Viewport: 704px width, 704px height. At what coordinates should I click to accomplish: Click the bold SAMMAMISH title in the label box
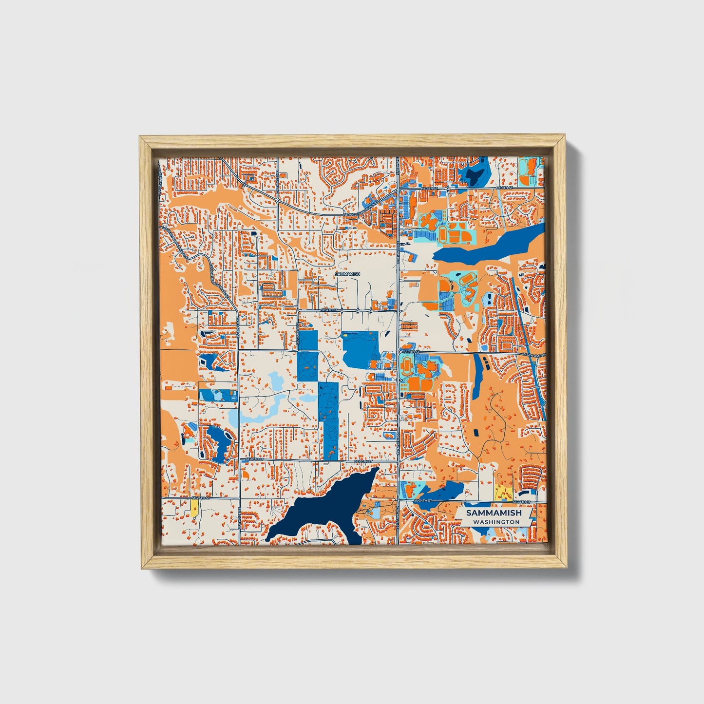coord(494,513)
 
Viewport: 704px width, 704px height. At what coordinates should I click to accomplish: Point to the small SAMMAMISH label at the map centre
coord(348,274)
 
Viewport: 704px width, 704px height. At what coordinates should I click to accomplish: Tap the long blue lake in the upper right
coord(487,246)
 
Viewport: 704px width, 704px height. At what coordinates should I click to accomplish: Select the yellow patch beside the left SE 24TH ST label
coord(194,509)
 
